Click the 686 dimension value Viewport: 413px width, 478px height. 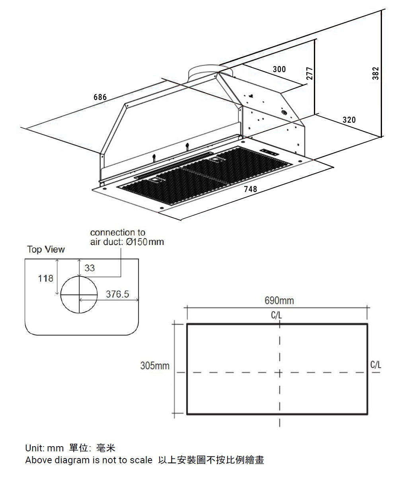[100, 97]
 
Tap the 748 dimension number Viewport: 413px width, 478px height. [250, 189]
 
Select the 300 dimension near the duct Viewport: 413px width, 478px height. [279, 69]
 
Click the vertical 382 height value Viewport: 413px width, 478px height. [376, 73]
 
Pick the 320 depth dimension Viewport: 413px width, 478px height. [349, 120]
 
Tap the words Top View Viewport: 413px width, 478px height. [46, 250]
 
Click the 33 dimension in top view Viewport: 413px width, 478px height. [90, 268]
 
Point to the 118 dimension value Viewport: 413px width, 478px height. [45, 278]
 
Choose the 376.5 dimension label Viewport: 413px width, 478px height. [117, 294]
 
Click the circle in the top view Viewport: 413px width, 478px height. [79, 294]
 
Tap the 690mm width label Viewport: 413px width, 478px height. [279, 301]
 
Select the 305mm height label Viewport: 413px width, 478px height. [155, 366]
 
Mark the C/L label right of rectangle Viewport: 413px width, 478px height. [375, 365]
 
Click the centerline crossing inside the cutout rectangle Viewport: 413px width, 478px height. [280, 373]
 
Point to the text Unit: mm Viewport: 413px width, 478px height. [44, 449]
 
